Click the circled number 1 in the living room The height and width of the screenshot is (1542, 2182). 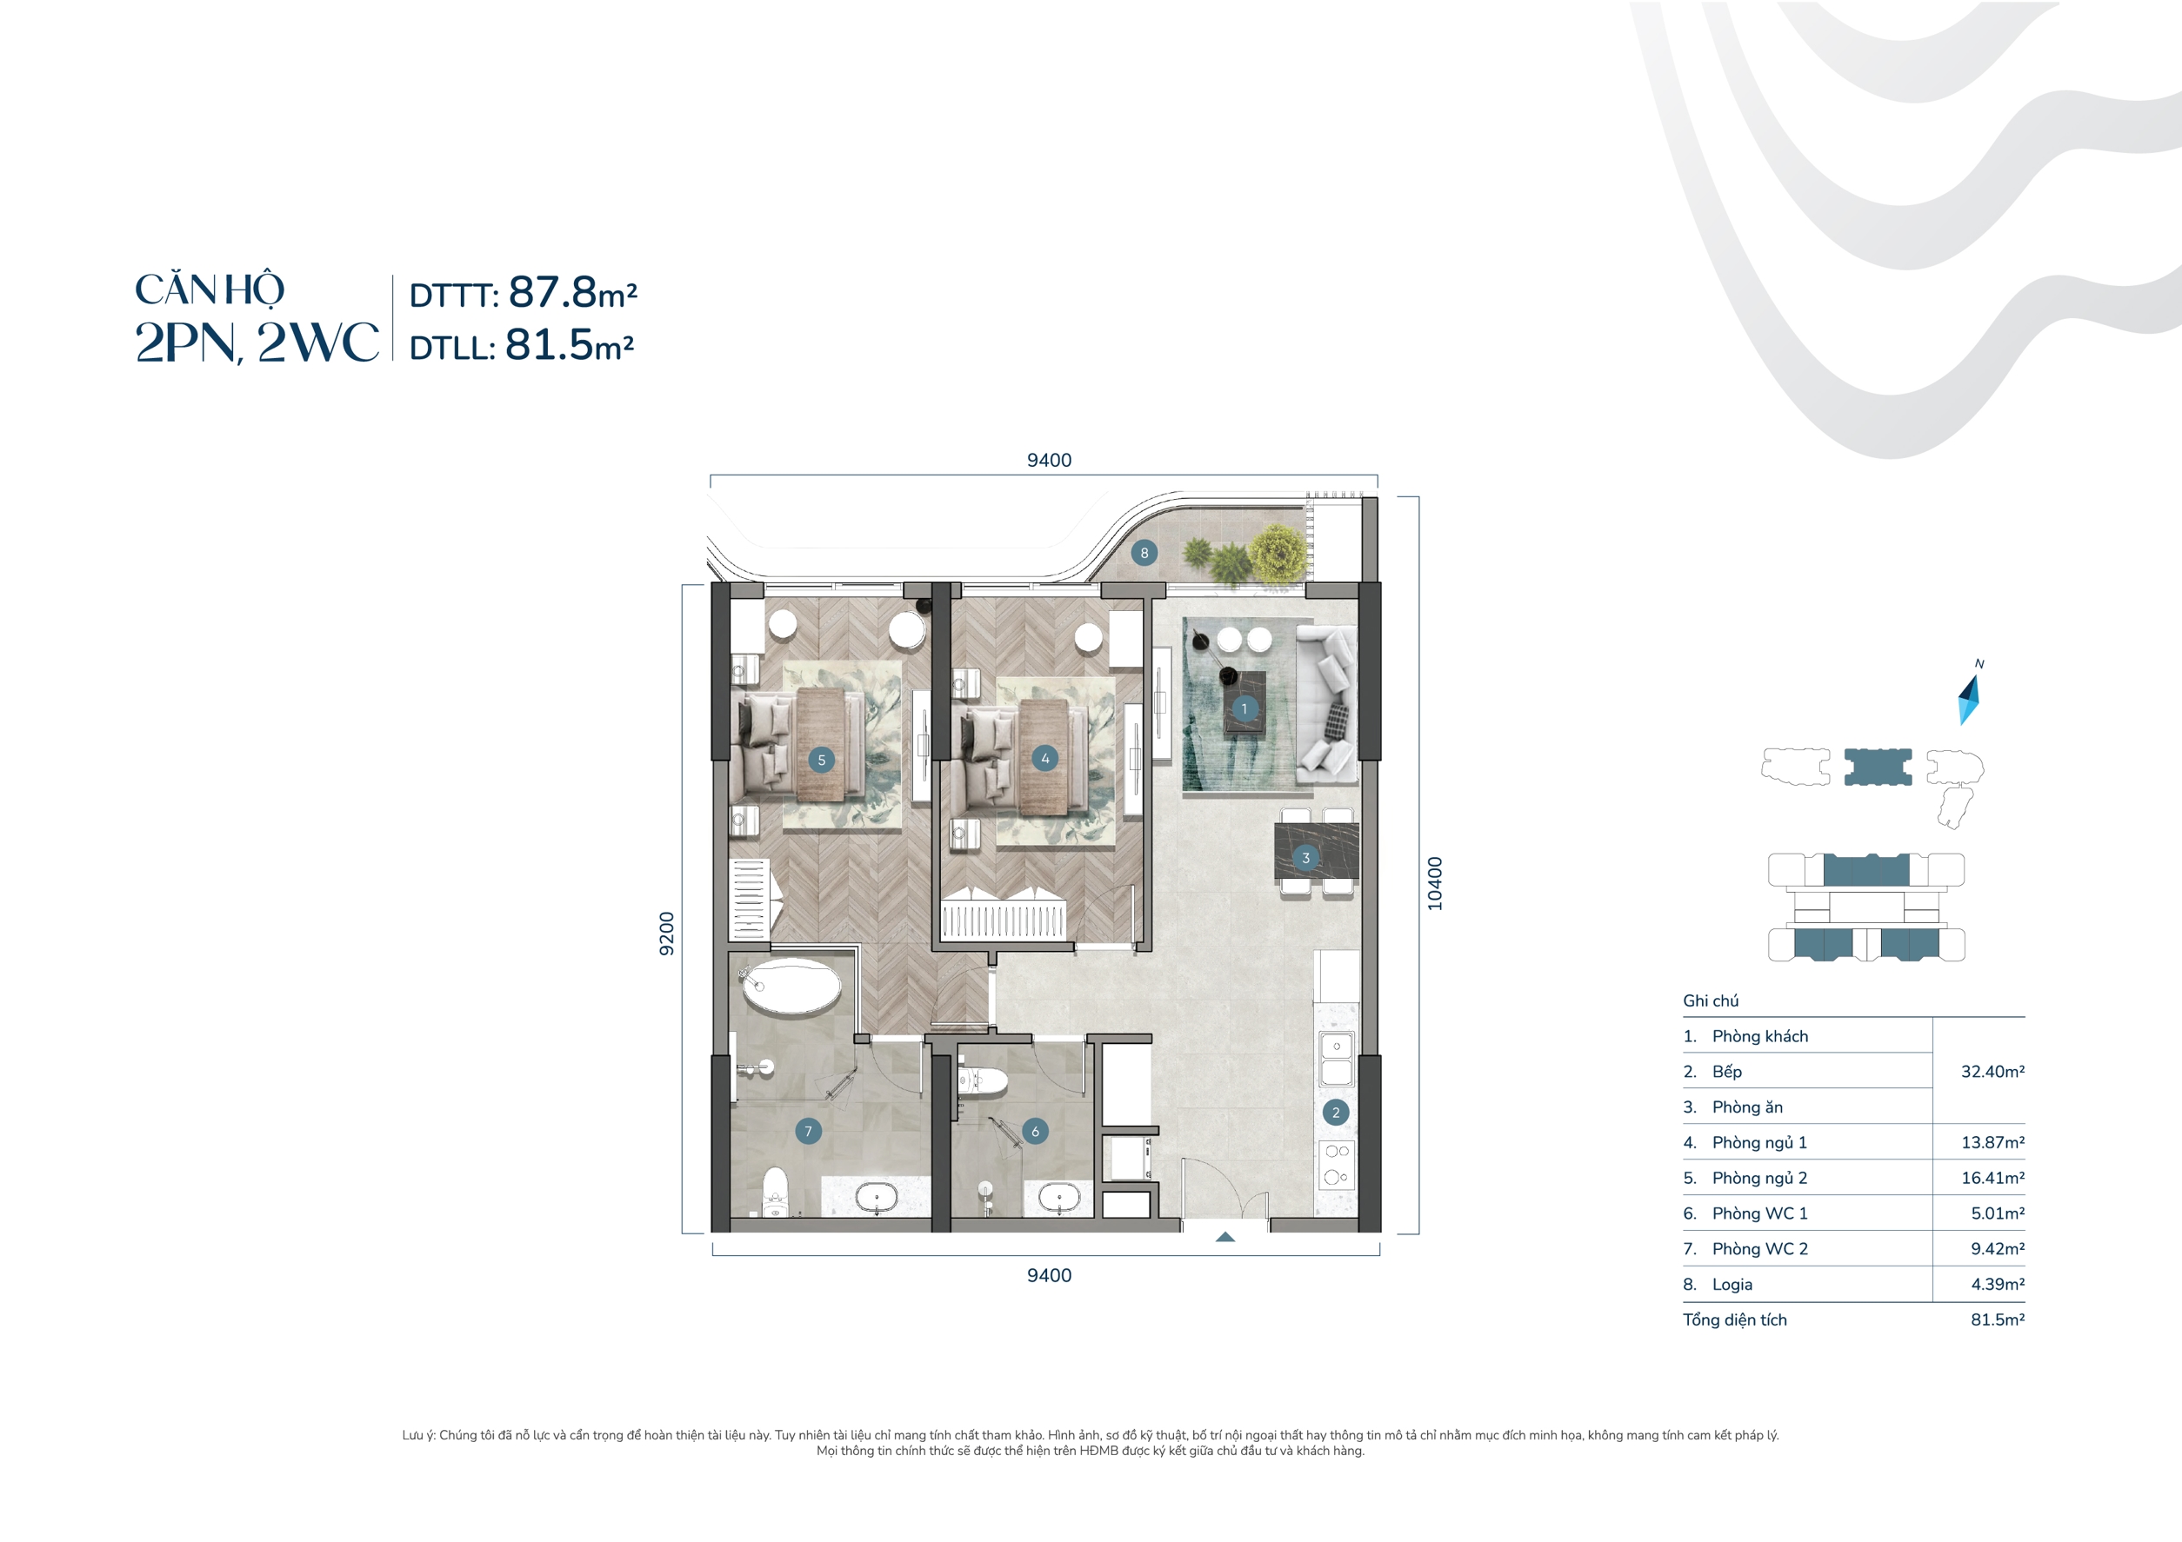pyautogui.click(x=1244, y=708)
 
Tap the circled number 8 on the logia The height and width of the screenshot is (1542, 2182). pyautogui.click(x=1144, y=553)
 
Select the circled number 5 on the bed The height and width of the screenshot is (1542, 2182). pyautogui.click(x=821, y=760)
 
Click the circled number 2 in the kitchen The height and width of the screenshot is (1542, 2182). pyautogui.click(x=1335, y=1113)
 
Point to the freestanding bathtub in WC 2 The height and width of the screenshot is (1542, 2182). pyautogui.click(x=791, y=987)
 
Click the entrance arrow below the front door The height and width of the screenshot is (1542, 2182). pyautogui.click(x=1225, y=1237)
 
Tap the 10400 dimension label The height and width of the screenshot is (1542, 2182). pyautogui.click(x=1435, y=884)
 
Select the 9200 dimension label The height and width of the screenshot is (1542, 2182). pyautogui.click(x=667, y=934)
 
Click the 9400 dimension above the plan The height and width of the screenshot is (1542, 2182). pyautogui.click(x=1049, y=461)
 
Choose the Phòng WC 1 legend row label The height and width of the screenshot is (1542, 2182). pyautogui.click(x=1759, y=1213)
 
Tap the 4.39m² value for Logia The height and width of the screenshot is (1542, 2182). pyautogui.click(x=1997, y=1285)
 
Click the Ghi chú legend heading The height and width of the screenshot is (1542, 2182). pyautogui.click(x=1711, y=1000)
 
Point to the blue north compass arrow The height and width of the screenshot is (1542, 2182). pyautogui.click(x=1968, y=701)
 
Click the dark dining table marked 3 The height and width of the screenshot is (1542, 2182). pyautogui.click(x=1316, y=852)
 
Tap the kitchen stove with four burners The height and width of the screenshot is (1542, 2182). pyautogui.click(x=1336, y=1164)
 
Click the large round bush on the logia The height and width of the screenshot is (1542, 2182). pyautogui.click(x=1277, y=554)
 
